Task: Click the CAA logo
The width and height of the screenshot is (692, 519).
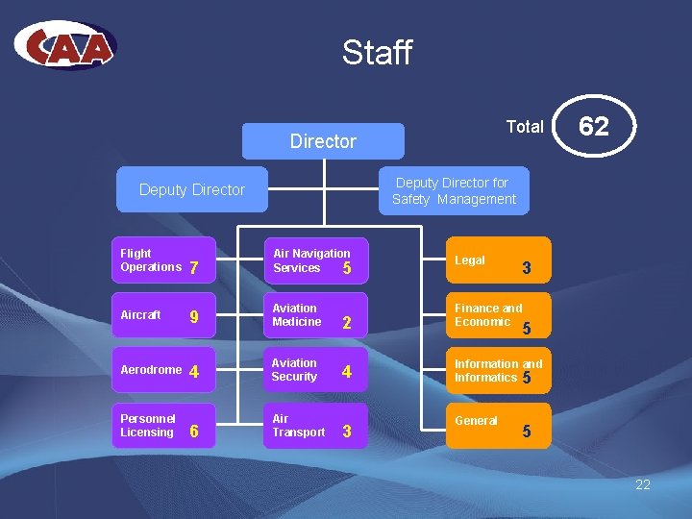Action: point(65,45)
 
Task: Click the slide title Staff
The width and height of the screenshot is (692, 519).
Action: point(377,52)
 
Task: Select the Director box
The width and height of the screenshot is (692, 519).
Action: point(323,141)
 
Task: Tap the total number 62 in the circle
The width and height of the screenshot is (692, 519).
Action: point(594,126)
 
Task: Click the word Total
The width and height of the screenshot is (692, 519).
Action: point(525,127)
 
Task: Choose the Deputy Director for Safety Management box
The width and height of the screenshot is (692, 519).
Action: point(454,190)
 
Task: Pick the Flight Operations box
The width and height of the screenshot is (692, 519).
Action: point(161,260)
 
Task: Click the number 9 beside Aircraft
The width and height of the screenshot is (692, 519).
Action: point(194,316)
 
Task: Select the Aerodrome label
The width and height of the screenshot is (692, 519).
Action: point(150,370)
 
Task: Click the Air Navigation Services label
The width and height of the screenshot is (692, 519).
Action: point(311,260)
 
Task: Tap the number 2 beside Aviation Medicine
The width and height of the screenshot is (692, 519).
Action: point(347,323)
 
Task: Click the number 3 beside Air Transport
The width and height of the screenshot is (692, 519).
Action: point(347,432)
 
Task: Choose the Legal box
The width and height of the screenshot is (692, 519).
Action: point(497,260)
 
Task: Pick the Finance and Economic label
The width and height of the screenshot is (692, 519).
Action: point(488,315)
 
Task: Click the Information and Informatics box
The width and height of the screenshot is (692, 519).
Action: point(497,371)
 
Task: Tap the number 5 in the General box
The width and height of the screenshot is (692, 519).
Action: point(526,432)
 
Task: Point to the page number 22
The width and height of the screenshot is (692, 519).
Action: point(643,484)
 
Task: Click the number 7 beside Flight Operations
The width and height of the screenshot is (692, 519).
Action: point(194,268)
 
